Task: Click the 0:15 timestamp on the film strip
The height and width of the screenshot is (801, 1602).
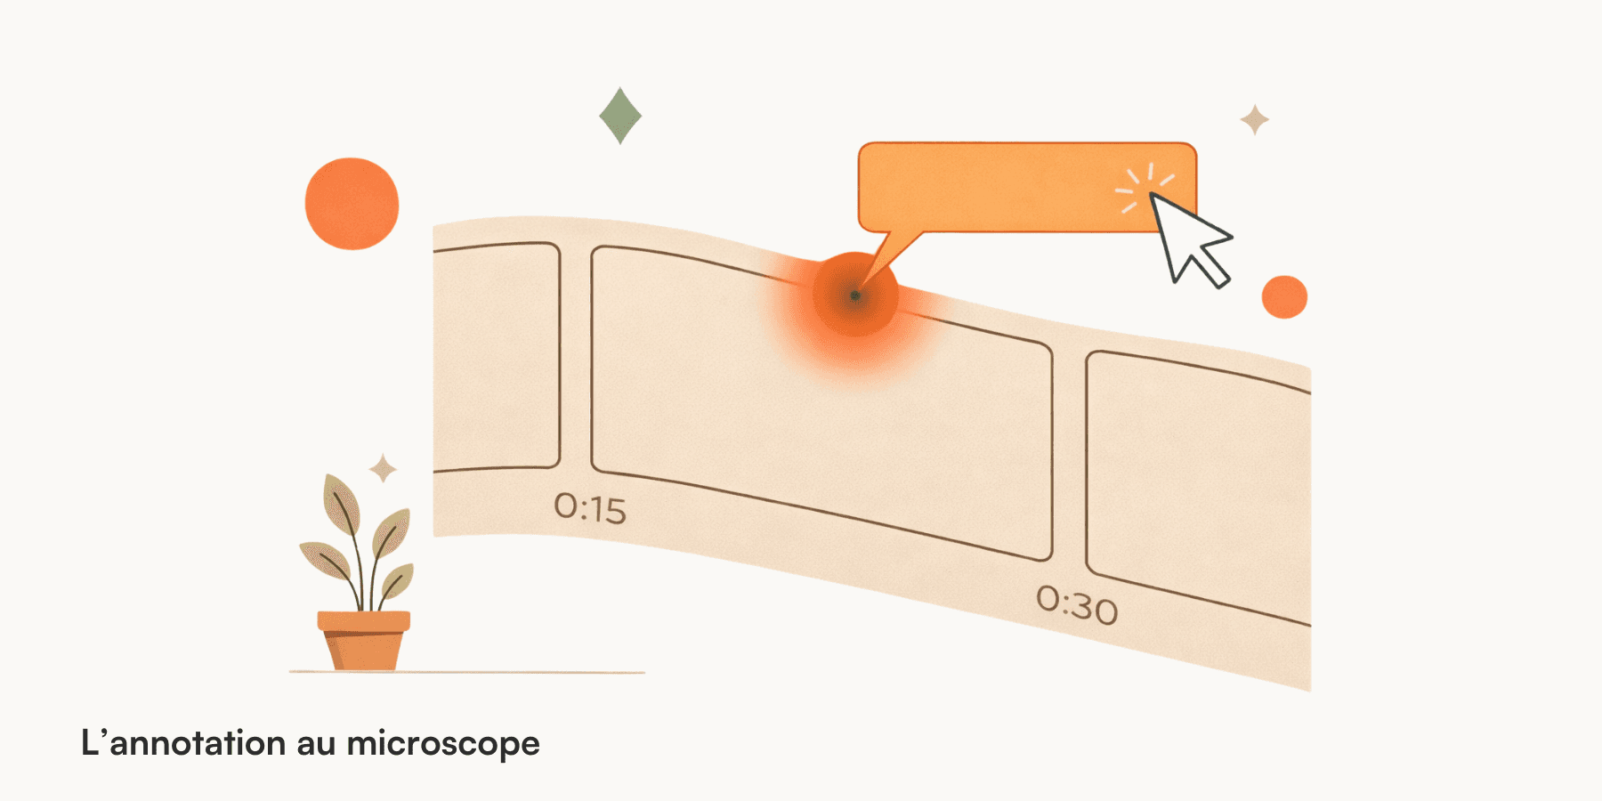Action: [x=590, y=508]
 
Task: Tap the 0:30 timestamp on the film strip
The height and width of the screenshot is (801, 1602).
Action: [x=1077, y=606]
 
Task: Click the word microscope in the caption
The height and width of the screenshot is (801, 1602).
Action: [x=443, y=744]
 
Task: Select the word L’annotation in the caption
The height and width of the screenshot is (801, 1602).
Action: [x=183, y=743]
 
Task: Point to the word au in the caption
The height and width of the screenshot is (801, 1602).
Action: [x=316, y=744]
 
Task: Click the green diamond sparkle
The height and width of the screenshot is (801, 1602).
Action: [x=620, y=116]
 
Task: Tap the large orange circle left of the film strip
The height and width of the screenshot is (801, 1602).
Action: [x=352, y=204]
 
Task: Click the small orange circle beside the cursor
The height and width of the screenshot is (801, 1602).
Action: [x=1284, y=297]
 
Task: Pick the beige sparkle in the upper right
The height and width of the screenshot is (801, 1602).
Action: [x=1255, y=119]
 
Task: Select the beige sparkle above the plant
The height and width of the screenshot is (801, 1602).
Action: [x=384, y=468]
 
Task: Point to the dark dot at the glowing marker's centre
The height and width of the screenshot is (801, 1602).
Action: [x=854, y=295]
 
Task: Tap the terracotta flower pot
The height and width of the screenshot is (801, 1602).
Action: [x=364, y=648]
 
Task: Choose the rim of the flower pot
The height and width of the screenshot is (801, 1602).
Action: [x=364, y=620]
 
